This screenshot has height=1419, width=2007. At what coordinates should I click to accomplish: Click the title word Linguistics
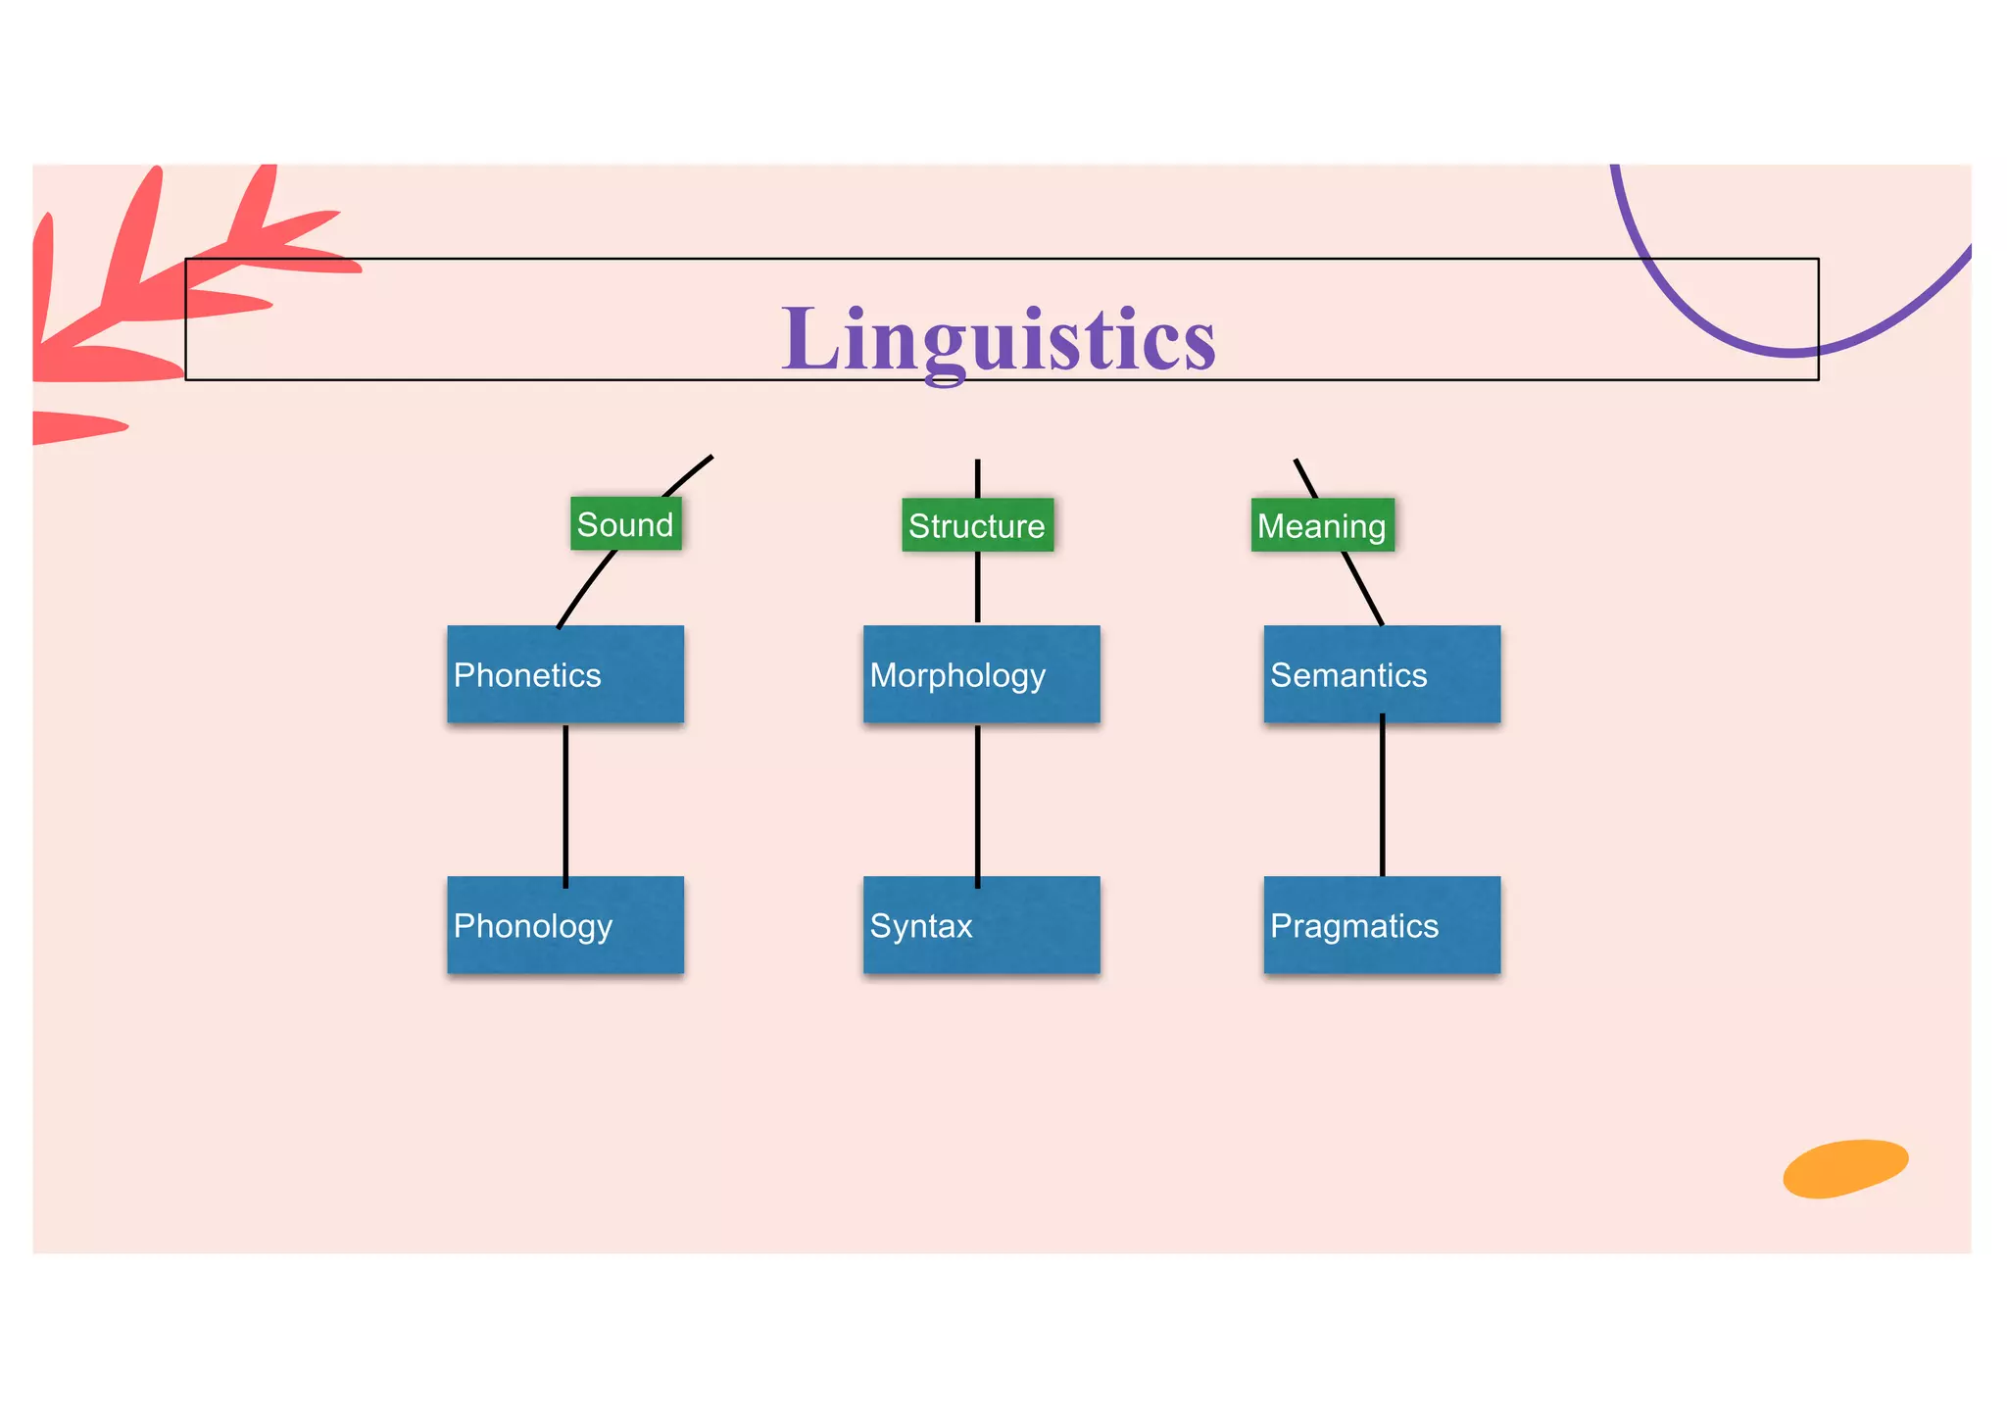pos(998,339)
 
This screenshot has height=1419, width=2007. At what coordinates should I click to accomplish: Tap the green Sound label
pos(625,524)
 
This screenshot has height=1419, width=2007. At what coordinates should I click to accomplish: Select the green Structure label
pos(977,525)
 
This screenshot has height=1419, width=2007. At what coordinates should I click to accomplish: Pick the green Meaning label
pos(1322,525)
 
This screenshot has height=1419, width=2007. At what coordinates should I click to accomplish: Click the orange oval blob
pos(1845,1168)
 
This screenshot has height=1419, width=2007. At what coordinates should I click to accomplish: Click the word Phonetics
pos(527,675)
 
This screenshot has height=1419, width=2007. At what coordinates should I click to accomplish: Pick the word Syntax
pos(921,926)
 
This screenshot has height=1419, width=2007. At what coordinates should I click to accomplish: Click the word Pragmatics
pos(1354,926)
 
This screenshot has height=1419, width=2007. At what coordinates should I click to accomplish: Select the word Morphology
pos(957,675)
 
